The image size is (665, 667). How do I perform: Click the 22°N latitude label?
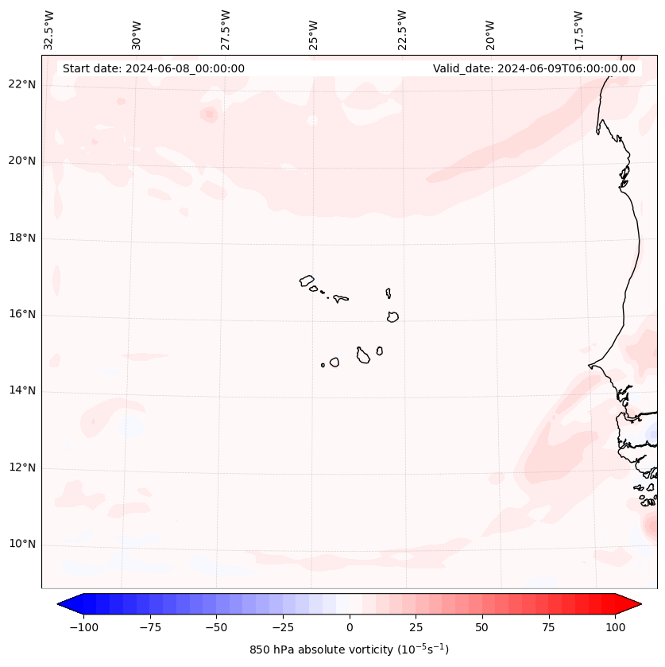click(22, 85)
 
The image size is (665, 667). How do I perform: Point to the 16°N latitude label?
click(22, 315)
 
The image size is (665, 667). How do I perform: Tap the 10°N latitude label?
click(22, 545)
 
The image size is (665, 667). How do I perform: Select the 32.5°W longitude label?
click(49, 29)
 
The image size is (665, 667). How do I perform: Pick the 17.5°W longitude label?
click(578, 29)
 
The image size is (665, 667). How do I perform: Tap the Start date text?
click(153, 68)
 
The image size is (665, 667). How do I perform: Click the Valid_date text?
click(534, 68)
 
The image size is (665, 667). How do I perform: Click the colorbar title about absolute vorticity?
click(349, 650)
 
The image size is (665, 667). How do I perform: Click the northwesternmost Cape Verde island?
click(307, 280)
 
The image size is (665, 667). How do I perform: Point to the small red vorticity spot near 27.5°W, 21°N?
click(210, 114)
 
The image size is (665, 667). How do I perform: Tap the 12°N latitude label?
click(22, 468)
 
